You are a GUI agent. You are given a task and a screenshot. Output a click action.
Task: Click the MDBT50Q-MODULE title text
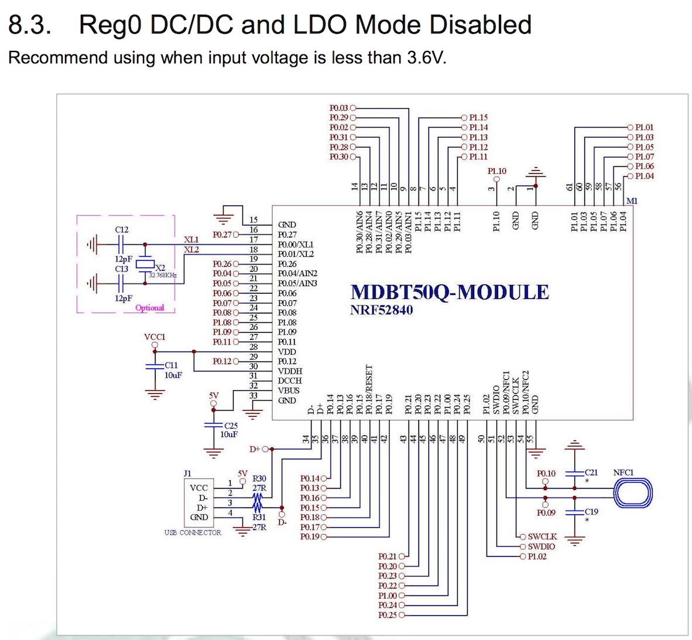pos(450,292)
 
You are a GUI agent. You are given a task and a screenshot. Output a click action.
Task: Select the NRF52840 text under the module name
pos(381,310)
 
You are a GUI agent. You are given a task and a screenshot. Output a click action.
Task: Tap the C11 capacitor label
pos(171,365)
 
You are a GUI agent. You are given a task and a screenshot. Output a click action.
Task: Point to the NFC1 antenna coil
pos(632,493)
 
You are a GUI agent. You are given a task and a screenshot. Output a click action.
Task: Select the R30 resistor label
pos(259,479)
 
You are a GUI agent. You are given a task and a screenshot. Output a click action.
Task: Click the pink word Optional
pos(150,308)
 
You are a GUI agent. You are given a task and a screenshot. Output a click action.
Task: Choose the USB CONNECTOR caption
pos(193,533)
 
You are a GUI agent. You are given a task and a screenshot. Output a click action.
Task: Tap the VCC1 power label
pos(155,337)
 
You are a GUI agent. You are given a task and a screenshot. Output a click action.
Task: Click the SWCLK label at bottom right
pos(542,536)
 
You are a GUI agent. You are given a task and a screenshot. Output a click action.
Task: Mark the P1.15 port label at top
pos(478,118)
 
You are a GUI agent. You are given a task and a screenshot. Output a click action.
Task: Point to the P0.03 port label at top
pos(338,108)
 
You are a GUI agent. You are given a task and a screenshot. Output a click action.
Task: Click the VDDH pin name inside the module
pos(290,371)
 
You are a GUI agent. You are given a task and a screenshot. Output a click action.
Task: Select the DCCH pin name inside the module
pos(290,381)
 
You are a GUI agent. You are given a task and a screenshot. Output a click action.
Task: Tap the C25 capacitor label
pos(231,426)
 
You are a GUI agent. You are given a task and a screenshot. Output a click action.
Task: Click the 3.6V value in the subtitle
pos(426,58)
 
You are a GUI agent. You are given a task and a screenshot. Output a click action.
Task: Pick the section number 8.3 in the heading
pos(29,25)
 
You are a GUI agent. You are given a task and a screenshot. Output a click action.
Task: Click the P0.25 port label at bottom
pos(387,615)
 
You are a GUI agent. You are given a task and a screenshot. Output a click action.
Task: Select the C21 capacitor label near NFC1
pos(591,472)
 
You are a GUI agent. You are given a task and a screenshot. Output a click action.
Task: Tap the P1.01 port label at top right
pos(644,127)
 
